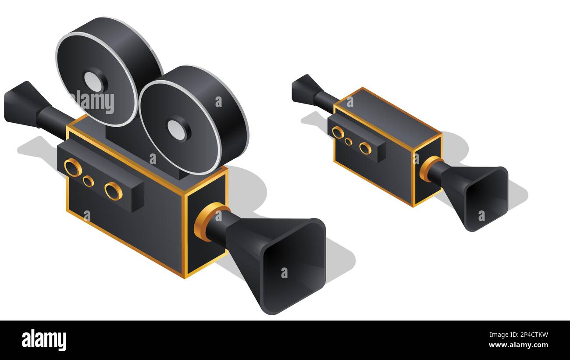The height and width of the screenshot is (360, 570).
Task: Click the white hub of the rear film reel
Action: click(x=93, y=82)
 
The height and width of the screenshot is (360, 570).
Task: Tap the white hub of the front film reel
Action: click(x=177, y=129)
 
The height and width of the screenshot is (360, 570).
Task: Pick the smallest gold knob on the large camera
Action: click(x=88, y=181)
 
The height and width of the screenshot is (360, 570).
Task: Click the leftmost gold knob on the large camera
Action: click(x=73, y=168)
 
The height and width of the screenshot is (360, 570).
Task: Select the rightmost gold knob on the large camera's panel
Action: click(x=114, y=191)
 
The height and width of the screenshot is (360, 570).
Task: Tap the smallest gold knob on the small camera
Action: click(x=348, y=142)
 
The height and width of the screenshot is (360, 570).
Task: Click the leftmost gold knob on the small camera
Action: click(x=338, y=132)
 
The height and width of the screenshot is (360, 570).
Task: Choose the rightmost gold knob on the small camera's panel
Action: click(x=365, y=149)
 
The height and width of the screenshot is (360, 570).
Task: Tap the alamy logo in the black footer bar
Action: click(x=44, y=340)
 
